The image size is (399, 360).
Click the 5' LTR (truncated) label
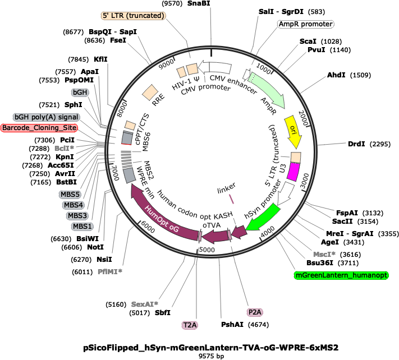tap(133, 16)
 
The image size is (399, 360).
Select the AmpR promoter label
tap(305, 24)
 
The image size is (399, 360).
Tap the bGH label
tap(80, 92)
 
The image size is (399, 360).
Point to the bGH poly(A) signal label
tap(46, 117)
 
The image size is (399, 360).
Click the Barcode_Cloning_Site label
tap(39, 128)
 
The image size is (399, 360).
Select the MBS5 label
tap(70, 195)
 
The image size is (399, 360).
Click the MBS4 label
tap(74, 205)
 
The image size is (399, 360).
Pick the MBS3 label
tap(77, 216)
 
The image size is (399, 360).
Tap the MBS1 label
tap(82, 227)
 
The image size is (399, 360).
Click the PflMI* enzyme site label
tap(110, 272)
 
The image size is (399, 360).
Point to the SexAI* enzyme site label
tap(145, 304)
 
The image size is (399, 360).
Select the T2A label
tap(190, 325)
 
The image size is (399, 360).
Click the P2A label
tap(255, 312)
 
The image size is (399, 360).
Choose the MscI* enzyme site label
tap(324, 255)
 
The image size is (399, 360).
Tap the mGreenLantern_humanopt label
tap(341, 275)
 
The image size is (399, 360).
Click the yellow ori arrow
tap(293, 132)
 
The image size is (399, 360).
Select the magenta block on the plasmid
tap(293, 172)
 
